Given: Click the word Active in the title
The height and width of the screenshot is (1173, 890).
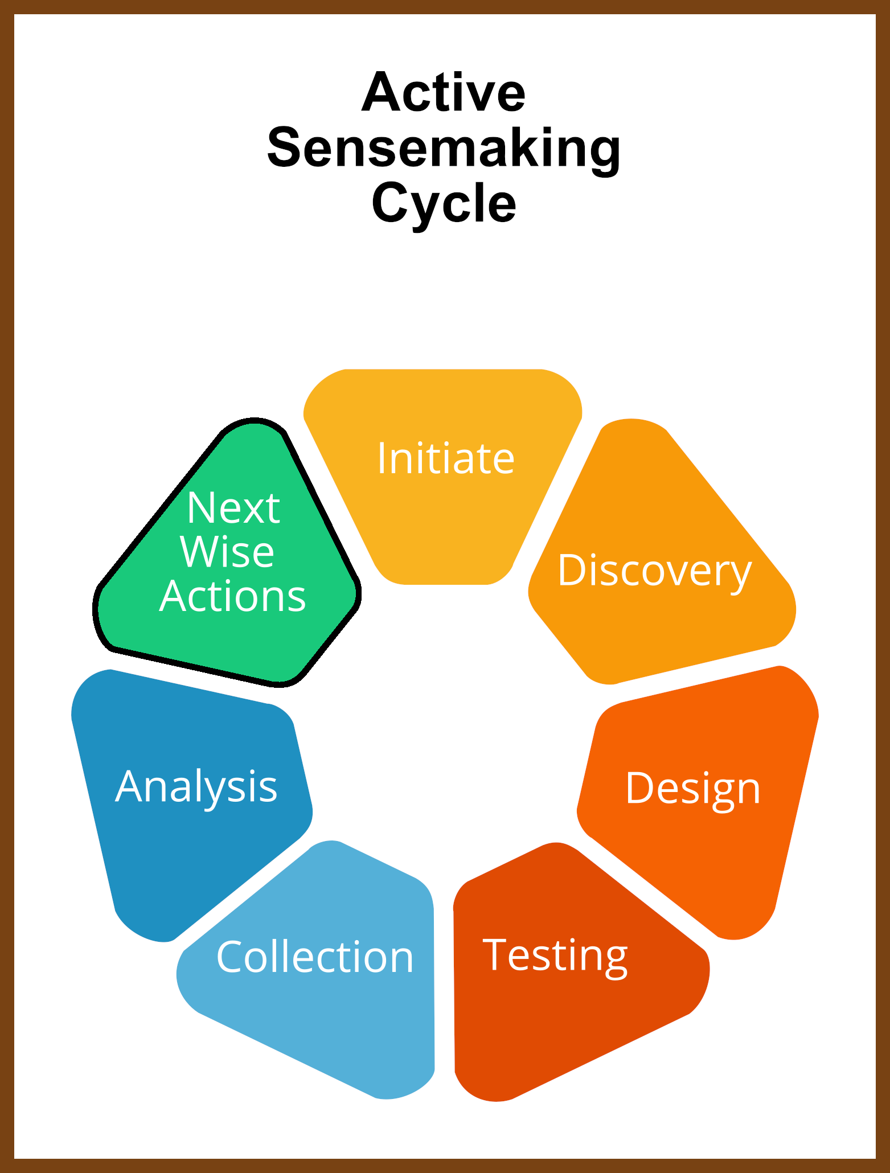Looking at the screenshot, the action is (x=444, y=92).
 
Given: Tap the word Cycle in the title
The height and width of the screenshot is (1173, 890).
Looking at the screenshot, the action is (x=444, y=204).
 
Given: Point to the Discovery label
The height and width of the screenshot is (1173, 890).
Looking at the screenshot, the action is (x=655, y=571).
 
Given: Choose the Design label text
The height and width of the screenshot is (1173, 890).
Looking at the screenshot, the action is (x=693, y=789).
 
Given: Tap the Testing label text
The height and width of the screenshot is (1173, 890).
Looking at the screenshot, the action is (x=555, y=957).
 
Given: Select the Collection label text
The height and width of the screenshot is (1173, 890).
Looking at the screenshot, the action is (x=315, y=957).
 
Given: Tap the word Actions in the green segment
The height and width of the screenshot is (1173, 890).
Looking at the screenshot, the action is (x=232, y=596).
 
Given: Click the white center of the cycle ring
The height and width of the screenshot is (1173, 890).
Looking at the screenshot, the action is (x=444, y=717).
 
